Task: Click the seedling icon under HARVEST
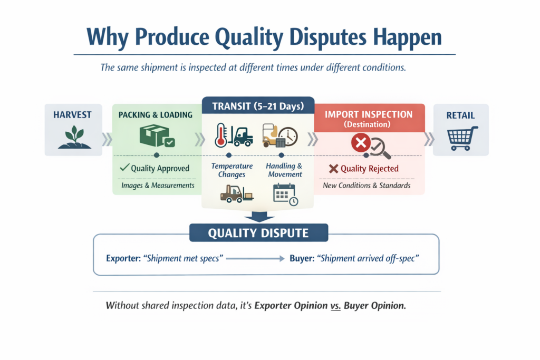tap(74, 137)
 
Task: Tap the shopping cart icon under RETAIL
tap(462, 138)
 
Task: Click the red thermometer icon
tap(221, 135)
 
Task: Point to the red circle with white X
tap(361, 142)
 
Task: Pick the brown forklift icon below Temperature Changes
tap(237, 194)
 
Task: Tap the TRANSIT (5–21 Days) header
tap(258, 105)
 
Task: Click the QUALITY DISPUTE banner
tap(258, 233)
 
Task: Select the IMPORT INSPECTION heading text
tap(369, 114)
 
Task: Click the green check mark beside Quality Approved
tap(124, 168)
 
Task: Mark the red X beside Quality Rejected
tap(333, 169)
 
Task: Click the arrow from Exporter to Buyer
tap(255, 258)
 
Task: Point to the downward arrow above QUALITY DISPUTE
tap(259, 217)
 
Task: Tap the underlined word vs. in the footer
tap(335, 306)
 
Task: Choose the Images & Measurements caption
tap(158, 186)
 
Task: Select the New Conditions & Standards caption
tap(367, 186)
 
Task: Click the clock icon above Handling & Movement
tap(288, 137)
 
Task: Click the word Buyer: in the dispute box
tap(302, 258)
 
